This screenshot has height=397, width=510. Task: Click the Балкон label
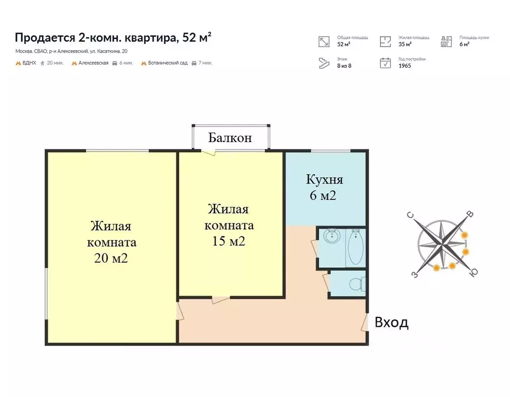(230, 138)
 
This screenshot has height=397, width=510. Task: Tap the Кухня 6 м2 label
(324, 188)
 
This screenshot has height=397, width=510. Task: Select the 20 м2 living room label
(111, 242)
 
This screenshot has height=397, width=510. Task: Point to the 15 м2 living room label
(229, 225)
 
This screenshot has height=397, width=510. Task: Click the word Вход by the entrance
(392, 323)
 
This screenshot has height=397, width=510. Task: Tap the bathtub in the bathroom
(355, 249)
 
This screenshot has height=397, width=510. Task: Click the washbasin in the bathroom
(331, 237)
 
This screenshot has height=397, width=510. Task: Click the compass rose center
(442, 241)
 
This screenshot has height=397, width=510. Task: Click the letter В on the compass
(469, 213)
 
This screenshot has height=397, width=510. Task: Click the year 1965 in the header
(404, 66)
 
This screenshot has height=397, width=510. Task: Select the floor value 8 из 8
(344, 66)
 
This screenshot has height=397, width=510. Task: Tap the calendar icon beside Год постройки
(385, 63)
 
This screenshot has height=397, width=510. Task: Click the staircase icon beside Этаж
(324, 63)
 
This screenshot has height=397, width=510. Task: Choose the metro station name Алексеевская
(93, 63)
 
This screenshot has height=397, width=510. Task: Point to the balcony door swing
(209, 151)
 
